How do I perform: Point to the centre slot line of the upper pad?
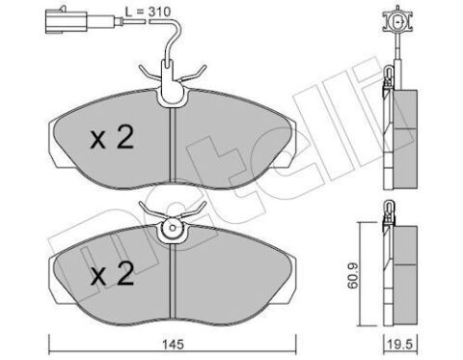coord(171,145)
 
